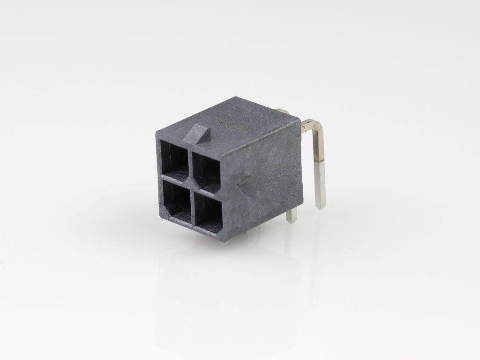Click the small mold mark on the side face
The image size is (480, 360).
point(243,181)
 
